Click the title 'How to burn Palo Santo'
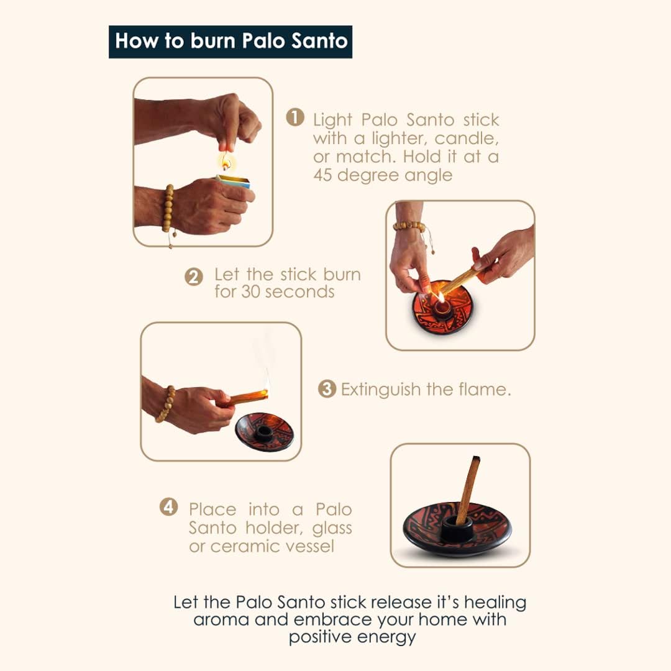click(x=231, y=42)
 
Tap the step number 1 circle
click(x=295, y=117)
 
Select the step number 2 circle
click(x=193, y=277)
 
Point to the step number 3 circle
click(x=327, y=388)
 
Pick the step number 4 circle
click(x=168, y=507)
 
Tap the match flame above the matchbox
click(x=226, y=162)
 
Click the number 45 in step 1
click(x=323, y=175)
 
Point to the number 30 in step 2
click(x=251, y=292)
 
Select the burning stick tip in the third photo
click(x=265, y=392)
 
